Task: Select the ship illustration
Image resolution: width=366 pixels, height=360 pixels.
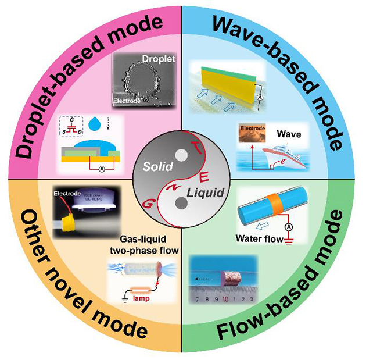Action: click(x=268, y=156)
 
